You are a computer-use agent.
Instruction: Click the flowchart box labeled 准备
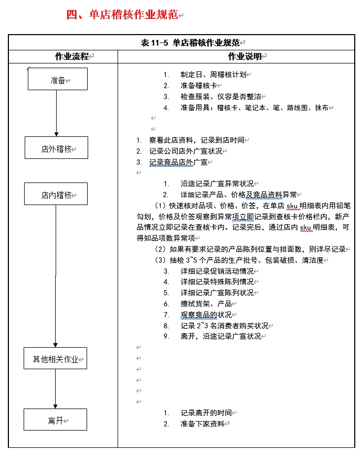pyautogui.click(x=58, y=80)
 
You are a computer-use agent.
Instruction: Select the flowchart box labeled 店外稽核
pyautogui.click(x=56, y=148)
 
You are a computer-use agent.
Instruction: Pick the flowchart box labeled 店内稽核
pyautogui.click(x=56, y=195)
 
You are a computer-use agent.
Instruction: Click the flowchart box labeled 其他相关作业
pyautogui.click(x=55, y=359)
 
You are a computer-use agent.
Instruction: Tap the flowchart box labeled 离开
pyautogui.click(x=55, y=420)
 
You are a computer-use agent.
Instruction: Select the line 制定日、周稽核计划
pyautogui.click(x=213, y=74)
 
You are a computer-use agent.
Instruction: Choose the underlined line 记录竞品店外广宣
pyautogui.click(x=178, y=162)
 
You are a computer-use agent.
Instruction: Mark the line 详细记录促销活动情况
pyautogui.click(x=217, y=271)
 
